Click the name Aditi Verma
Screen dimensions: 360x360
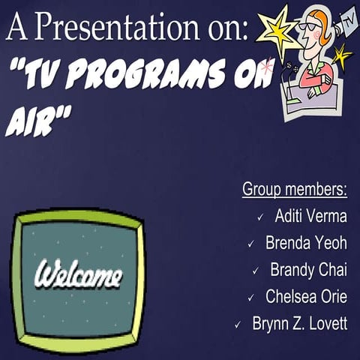[310, 217]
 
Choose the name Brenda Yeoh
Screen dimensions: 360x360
[306, 244]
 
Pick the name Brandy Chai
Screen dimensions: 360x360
[308, 270]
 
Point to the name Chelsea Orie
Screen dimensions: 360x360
[306, 297]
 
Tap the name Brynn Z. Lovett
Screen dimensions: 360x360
[299, 325]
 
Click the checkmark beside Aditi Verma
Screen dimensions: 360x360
[259, 217]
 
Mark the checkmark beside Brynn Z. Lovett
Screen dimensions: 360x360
[238, 325]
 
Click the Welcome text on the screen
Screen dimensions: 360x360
[78, 275]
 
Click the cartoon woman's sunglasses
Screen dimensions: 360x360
[310, 26]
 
